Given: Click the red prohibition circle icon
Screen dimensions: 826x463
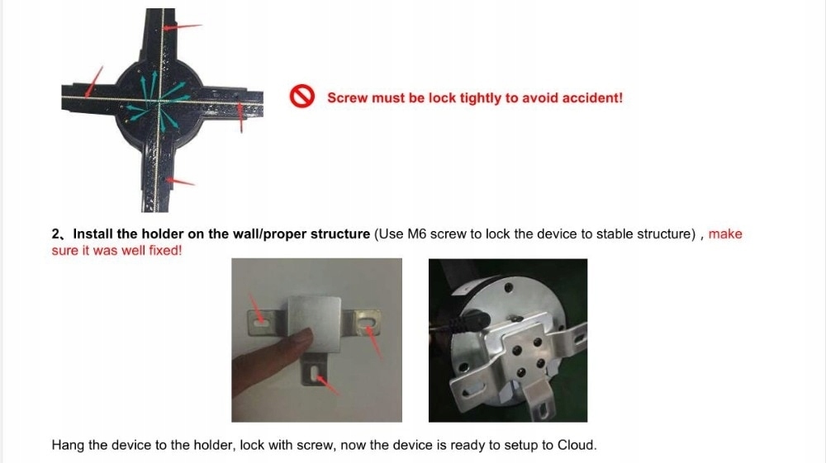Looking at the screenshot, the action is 301,97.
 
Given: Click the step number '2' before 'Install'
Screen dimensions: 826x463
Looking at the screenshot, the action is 56,234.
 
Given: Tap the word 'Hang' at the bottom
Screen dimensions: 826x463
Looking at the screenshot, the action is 68,445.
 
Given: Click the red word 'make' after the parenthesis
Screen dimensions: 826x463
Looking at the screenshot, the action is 725,234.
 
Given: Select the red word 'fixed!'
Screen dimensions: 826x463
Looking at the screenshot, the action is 165,250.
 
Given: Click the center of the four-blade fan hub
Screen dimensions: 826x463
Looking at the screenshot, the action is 159,101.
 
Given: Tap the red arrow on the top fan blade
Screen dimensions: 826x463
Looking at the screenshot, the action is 183,26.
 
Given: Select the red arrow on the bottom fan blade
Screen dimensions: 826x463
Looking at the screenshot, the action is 180,182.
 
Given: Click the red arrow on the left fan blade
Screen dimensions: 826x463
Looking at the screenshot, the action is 94,82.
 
